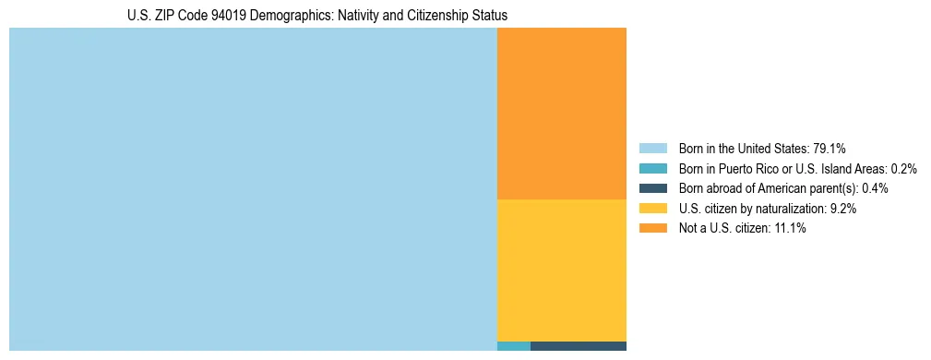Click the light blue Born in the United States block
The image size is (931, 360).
(x=253, y=189)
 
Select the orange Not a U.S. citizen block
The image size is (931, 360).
(x=561, y=114)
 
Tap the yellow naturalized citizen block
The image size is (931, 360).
(x=561, y=270)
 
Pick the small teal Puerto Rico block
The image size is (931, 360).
(x=513, y=346)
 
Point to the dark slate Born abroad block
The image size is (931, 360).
(x=578, y=346)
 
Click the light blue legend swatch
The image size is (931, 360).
(x=653, y=149)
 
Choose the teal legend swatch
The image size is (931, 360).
(x=653, y=169)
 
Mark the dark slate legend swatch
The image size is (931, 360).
(x=653, y=188)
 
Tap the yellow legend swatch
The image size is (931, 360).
(x=653, y=209)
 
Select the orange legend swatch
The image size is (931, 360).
(x=653, y=228)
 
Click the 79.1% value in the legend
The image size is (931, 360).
(x=830, y=149)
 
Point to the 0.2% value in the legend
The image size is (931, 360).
(x=904, y=169)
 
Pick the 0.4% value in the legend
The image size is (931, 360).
(x=875, y=188)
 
